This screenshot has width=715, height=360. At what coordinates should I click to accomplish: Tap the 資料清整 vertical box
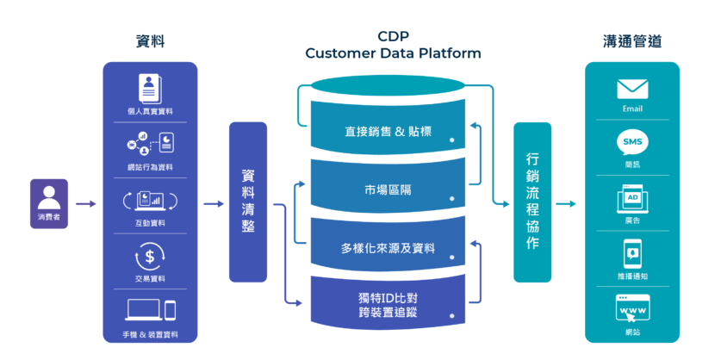[x=248, y=202]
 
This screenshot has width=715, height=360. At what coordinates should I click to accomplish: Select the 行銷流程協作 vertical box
[x=532, y=202]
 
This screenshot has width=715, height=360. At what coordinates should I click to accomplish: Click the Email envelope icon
[x=632, y=90]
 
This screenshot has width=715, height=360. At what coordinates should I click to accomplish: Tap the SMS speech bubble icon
[x=632, y=142]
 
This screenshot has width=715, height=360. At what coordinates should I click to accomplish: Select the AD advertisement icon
[x=632, y=199]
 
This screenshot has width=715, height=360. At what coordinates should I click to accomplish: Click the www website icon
[x=632, y=307]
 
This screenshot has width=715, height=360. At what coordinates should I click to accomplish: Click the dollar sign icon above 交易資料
[x=150, y=257]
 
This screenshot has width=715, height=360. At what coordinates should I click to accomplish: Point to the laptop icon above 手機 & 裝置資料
[x=143, y=310]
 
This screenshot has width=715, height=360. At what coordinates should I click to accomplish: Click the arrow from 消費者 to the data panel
[x=85, y=204]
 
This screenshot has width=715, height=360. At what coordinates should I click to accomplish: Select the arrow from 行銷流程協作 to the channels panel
[x=566, y=204]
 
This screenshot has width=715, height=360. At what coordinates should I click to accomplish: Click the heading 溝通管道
[x=632, y=41]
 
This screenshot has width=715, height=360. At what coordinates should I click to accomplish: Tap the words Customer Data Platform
[x=393, y=53]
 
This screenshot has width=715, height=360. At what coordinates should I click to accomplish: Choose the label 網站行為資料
[x=150, y=166]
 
